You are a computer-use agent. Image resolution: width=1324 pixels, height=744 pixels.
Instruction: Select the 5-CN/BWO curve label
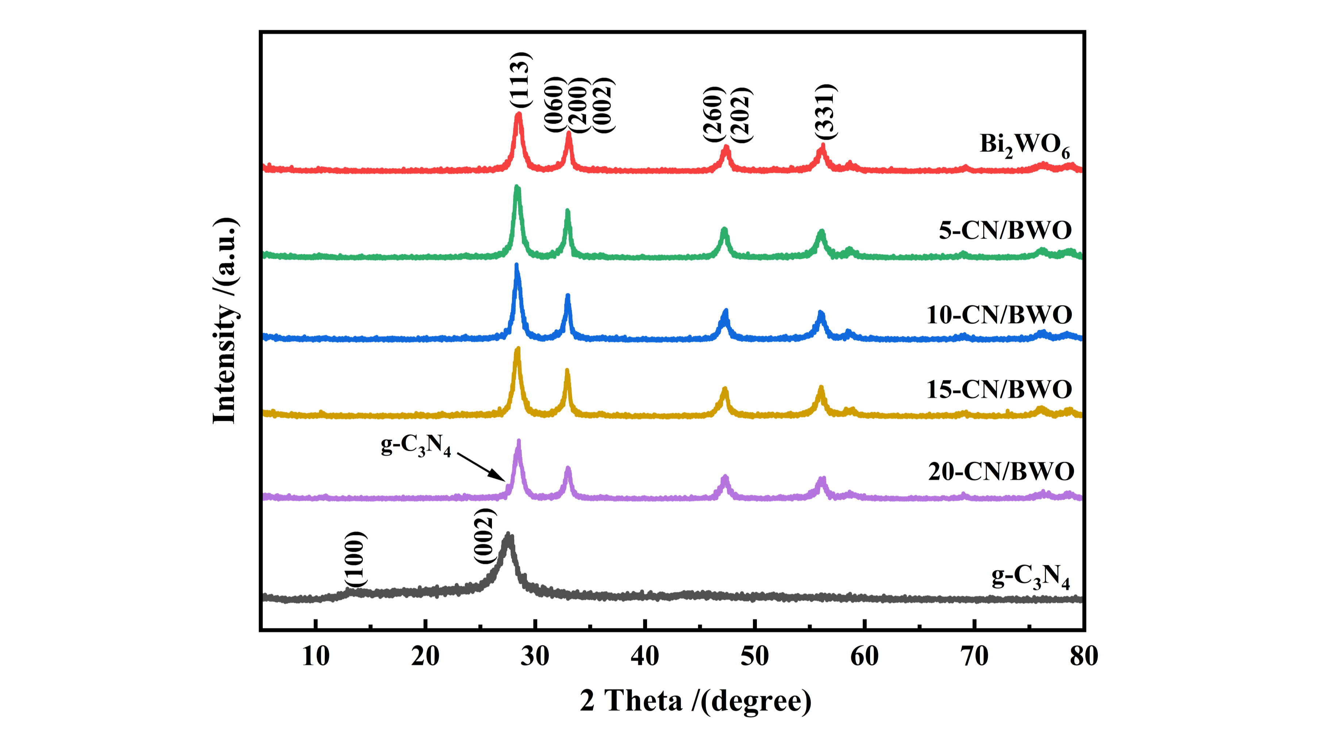tap(1005, 230)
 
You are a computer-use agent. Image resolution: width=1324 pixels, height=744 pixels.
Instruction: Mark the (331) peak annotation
tap(826, 112)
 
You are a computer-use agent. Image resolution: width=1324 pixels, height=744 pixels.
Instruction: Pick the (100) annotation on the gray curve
tap(356, 559)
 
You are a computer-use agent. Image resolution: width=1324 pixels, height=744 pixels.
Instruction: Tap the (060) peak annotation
tap(555, 104)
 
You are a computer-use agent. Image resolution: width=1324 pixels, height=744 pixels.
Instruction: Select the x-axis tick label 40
tap(644, 656)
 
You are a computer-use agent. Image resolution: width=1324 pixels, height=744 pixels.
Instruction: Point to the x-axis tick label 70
tap(974, 656)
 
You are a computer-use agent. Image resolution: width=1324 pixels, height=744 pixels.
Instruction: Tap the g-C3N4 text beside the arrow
tap(416, 445)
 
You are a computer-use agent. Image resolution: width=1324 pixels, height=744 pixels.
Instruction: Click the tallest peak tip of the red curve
tap(519, 114)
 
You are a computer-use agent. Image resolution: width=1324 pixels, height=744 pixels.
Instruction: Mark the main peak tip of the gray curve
tap(509, 535)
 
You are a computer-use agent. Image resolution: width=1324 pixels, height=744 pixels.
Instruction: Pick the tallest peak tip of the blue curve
tap(516, 266)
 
